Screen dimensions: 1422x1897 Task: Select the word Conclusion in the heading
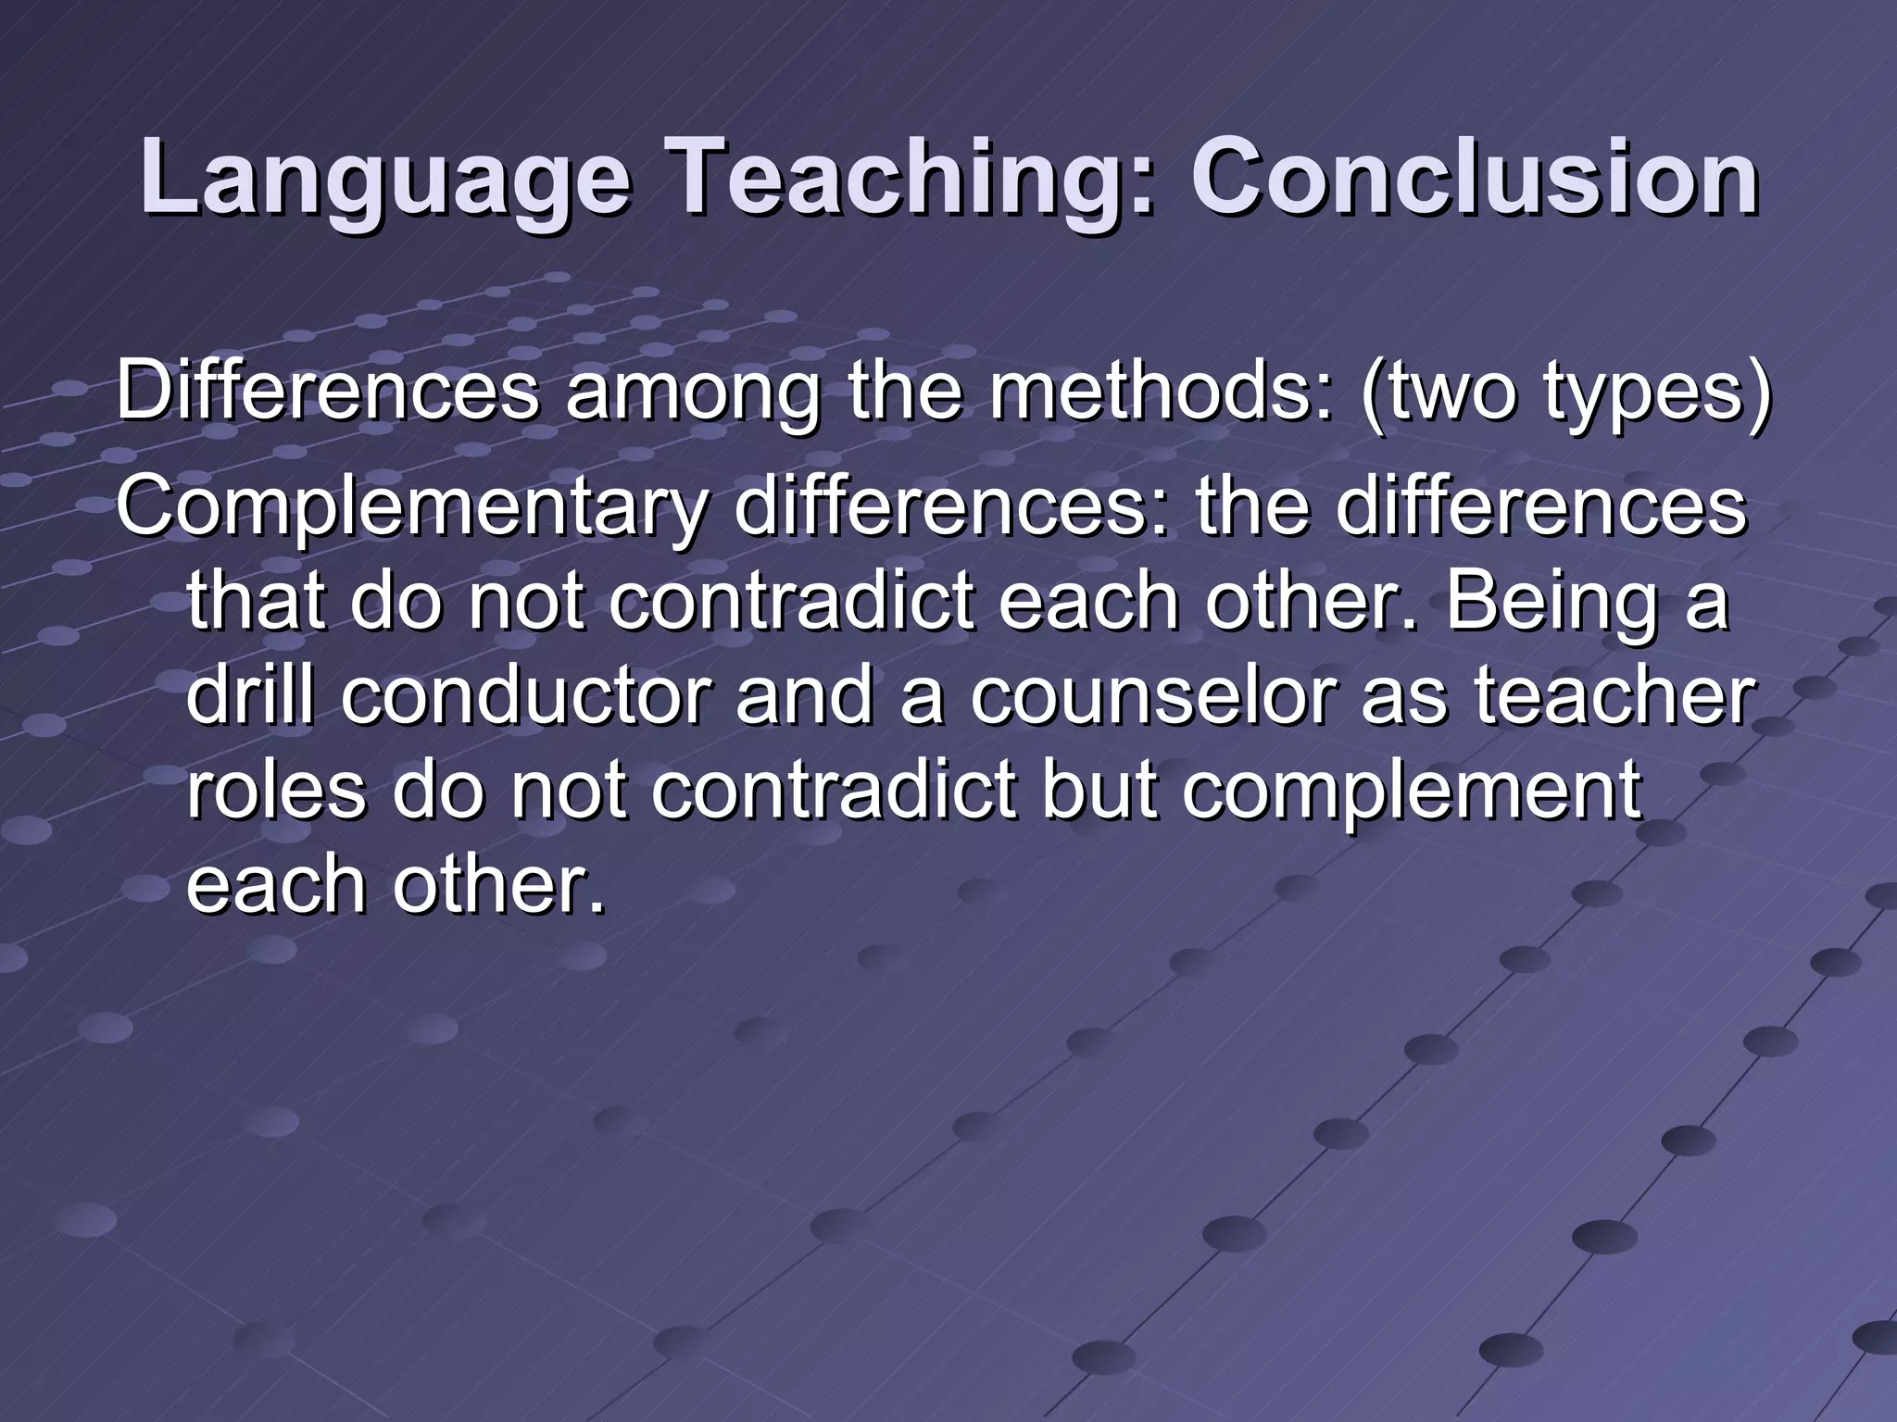tap(1474, 176)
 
